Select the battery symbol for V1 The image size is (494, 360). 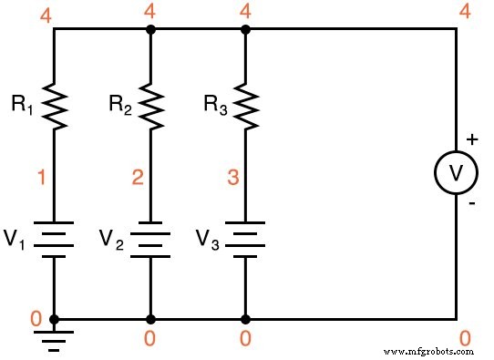(x=55, y=239)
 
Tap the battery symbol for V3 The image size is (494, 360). (x=244, y=239)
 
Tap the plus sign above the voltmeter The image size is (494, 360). (x=471, y=139)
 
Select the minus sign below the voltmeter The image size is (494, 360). (x=471, y=205)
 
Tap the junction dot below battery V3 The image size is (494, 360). (x=244, y=319)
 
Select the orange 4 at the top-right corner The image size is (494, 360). (x=465, y=12)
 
